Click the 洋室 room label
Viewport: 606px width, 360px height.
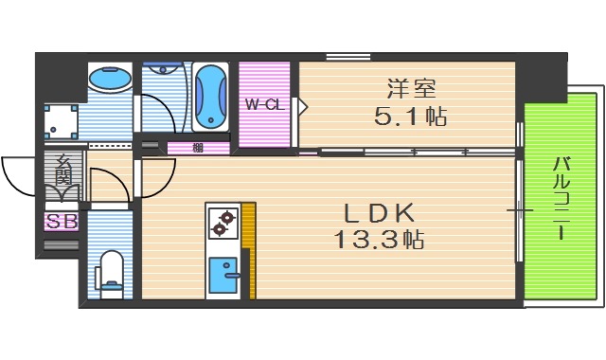[410, 90]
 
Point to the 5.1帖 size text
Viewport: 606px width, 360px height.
[410, 117]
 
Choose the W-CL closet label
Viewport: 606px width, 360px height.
[264, 104]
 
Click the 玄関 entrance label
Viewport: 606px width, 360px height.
[62, 171]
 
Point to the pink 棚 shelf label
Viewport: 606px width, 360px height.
[198, 147]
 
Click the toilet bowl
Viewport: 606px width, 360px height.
[110, 269]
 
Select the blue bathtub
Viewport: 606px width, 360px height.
[209, 97]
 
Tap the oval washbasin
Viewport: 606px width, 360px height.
[110, 79]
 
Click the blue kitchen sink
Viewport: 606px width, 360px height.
[225, 275]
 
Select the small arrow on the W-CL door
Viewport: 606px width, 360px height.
[302, 105]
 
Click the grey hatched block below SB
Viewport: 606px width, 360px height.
[61, 244]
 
